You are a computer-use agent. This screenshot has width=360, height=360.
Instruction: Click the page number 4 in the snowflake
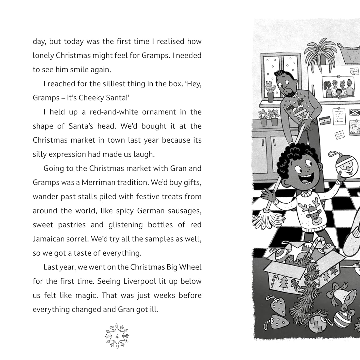117,337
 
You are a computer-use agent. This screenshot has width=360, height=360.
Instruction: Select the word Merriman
102,182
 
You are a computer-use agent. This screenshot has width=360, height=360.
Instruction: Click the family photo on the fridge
338,87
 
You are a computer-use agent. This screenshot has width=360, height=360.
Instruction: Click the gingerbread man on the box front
294,284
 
